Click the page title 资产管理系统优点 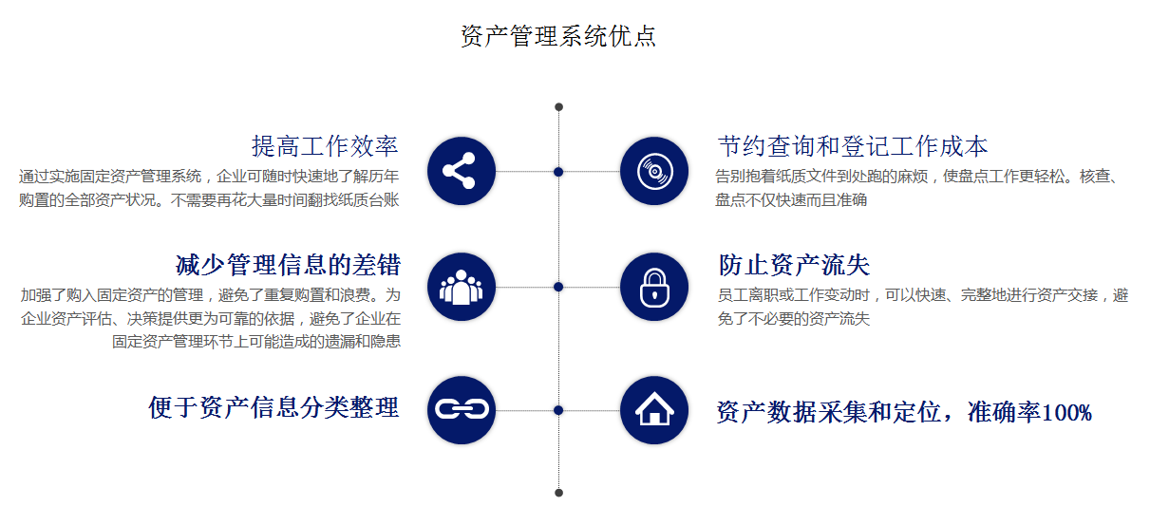tap(558, 37)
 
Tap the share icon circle tap(462, 171)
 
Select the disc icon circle tap(654, 171)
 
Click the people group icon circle tap(462, 287)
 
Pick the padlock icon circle tap(654, 287)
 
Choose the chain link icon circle tap(462, 410)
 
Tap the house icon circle tap(654, 410)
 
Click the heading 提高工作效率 tap(325, 146)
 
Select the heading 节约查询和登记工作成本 tap(853, 146)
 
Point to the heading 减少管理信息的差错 tap(288, 265)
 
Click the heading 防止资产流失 tap(794, 265)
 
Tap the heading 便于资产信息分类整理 tap(273, 407)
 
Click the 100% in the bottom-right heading tap(1066, 413)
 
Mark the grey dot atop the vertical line tap(558, 106)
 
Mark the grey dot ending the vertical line tap(558, 493)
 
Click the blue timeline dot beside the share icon tap(558, 172)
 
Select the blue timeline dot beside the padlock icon tap(558, 287)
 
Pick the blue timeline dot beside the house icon tap(558, 410)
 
